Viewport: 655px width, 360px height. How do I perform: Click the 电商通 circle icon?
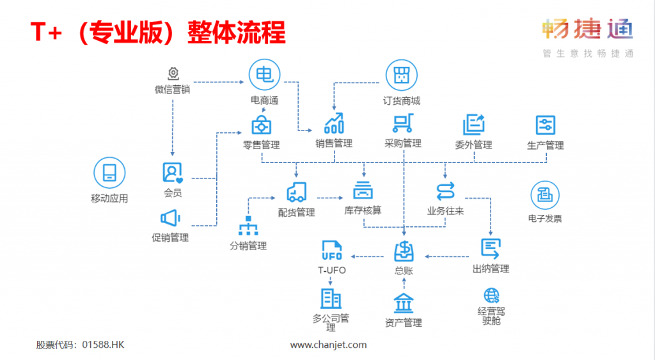click(264, 75)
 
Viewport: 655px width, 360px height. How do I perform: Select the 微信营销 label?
click(172, 90)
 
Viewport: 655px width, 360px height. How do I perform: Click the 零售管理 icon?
click(261, 123)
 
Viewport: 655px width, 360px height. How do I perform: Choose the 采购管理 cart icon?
click(403, 123)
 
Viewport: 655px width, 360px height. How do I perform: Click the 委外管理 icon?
click(473, 124)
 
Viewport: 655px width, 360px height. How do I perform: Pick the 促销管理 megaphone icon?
click(170, 219)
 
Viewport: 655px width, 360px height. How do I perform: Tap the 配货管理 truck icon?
click(296, 191)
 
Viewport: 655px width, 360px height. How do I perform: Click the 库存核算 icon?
click(363, 190)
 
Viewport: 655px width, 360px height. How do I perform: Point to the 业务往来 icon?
click(445, 191)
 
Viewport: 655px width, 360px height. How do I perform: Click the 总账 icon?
click(404, 250)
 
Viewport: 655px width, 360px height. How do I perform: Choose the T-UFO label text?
click(331, 270)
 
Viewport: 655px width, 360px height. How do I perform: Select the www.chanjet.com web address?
click(328, 345)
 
